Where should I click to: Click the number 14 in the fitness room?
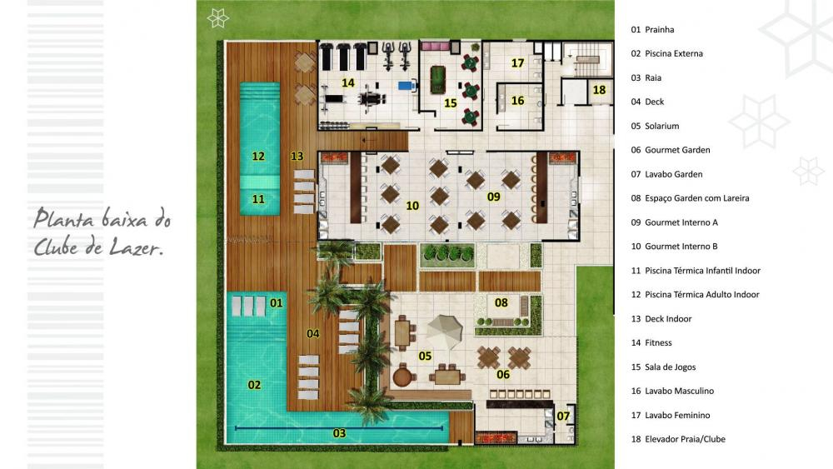(x=348, y=82)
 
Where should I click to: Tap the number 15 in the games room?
(x=451, y=103)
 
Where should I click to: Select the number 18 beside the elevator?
(x=599, y=90)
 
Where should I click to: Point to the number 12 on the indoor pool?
(x=258, y=156)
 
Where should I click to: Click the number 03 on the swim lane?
(x=340, y=433)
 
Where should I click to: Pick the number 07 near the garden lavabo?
(x=563, y=417)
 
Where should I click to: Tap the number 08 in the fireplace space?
(x=501, y=302)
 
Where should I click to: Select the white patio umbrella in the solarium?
(x=445, y=331)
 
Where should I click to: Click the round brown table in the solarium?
(x=404, y=377)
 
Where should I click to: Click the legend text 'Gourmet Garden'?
(x=677, y=150)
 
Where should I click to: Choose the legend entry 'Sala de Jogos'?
(x=670, y=367)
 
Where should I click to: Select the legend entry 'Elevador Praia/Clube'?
(x=685, y=439)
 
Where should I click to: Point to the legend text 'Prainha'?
(x=659, y=30)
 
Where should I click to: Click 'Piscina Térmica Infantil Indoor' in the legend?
(x=702, y=271)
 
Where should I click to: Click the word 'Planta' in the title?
(x=65, y=218)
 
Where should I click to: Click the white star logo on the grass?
(x=217, y=18)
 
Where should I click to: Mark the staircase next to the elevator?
(x=587, y=59)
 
